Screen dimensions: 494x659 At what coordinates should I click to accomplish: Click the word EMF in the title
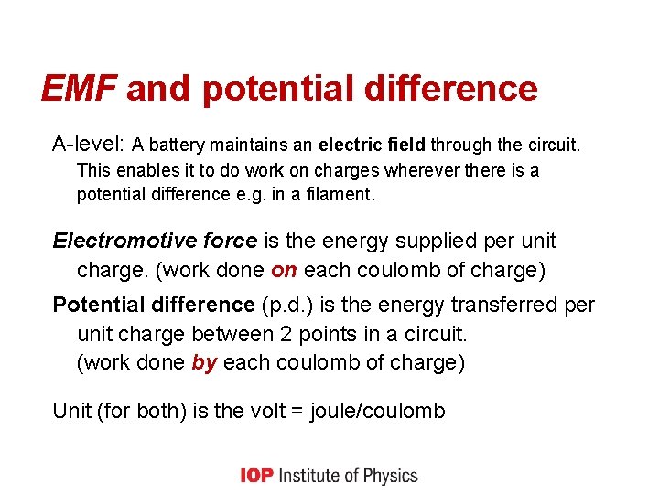click(79, 89)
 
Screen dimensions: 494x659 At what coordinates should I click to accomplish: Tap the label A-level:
click(88, 145)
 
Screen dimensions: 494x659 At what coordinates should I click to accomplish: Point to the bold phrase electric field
click(372, 145)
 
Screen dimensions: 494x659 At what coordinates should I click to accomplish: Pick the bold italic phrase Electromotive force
click(155, 242)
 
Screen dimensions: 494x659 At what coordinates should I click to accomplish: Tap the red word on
click(284, 271)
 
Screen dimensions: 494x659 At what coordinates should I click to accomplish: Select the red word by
click(204, 362)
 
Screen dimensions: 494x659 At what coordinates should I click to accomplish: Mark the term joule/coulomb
click(378, 411)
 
